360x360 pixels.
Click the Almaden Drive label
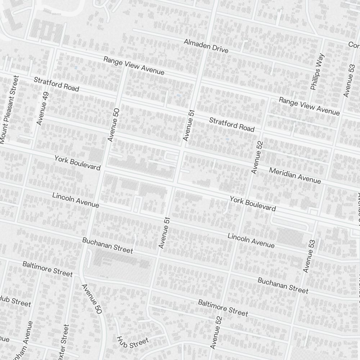[206, 46]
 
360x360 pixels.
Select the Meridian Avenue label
[295, 175]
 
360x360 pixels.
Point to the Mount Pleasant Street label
[9, 109]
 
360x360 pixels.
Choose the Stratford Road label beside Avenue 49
[57, 84]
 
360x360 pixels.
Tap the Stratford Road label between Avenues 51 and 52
[232, 124]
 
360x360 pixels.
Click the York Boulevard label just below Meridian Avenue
[253, 203]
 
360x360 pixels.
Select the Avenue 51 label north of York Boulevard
[188, 125]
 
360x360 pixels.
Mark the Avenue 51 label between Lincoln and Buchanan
[164, 233]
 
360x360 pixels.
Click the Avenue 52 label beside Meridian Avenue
[258, 158]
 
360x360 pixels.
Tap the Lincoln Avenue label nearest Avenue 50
[76, 200]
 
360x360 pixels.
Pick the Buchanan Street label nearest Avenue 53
[283, 285]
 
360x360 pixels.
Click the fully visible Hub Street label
[132, 342]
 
